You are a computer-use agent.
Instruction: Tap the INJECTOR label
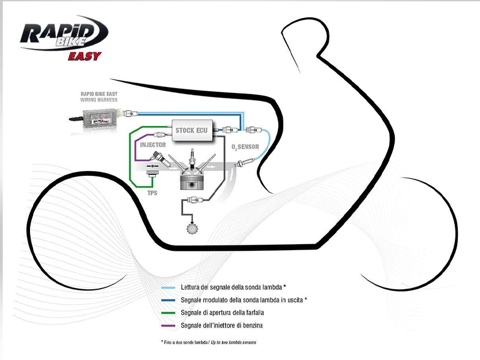[x=152, y=145]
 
